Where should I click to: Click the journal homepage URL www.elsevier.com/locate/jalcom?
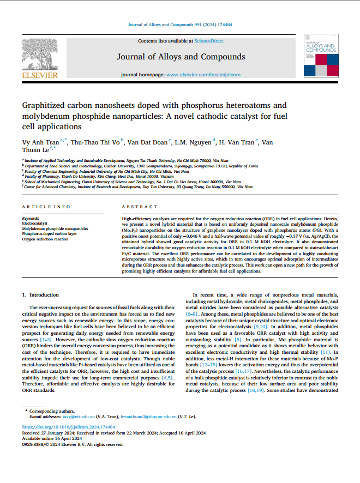coord(200,74)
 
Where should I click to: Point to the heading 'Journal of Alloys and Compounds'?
coord(181,57)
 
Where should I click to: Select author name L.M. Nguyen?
coord(194,142)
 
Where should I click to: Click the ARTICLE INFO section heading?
coord(46,207)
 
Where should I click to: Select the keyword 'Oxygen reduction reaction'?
coord(45,239)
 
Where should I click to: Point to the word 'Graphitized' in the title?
coord(43,105)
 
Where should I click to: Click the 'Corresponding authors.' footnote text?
coord(50,410)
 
